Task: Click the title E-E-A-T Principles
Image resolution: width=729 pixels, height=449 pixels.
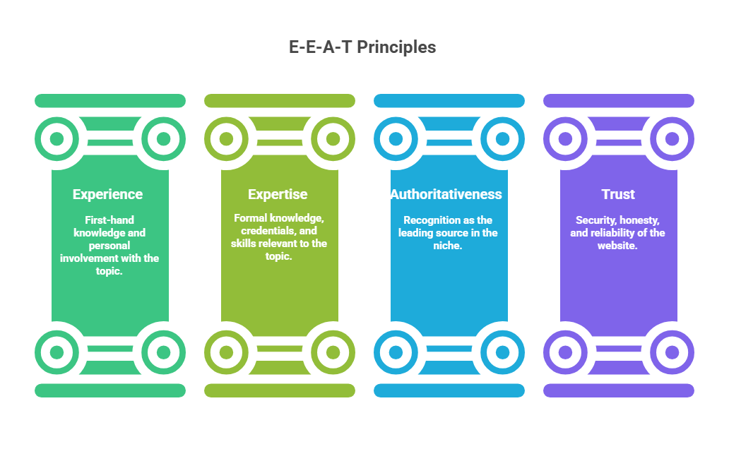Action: tap(362, 47)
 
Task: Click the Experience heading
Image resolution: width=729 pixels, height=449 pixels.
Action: tap(107, 194)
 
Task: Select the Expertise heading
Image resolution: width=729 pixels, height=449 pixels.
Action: tap(278, 194)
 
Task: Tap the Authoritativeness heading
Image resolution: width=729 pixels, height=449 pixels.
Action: tap(446, 194)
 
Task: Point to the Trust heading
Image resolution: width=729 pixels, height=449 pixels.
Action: tap(618, 194)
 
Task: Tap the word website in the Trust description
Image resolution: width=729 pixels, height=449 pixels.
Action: tap(618, 246)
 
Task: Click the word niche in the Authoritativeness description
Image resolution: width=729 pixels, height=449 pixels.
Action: tap(448, 246)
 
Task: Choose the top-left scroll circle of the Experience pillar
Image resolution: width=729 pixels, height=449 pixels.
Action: tap(57, 138)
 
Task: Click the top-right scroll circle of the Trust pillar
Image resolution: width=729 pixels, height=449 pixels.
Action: tap(672, 138)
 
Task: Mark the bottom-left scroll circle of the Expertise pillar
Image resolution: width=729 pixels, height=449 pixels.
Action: tap(226, 352)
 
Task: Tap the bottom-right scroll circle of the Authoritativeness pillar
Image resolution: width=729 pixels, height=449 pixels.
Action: tap(502, 352)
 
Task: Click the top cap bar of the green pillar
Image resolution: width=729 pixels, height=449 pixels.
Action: tap(110, 101)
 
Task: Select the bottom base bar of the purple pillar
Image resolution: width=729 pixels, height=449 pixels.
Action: tap(619, 390)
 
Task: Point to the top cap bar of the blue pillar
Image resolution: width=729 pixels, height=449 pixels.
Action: tap(449, 101)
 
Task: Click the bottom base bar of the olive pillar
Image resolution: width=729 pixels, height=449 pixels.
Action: tap(280, 390)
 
